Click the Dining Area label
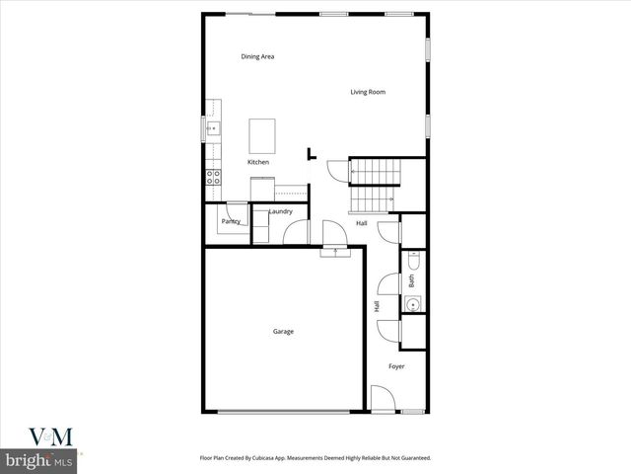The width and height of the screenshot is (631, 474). (257, 56)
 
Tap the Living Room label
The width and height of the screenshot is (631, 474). (368, 92)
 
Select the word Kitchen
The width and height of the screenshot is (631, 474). (258, 162)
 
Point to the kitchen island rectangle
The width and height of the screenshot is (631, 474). (262, 133)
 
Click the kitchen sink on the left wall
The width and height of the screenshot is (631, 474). (212, 128)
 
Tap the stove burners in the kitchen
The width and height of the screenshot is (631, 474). (212, 178)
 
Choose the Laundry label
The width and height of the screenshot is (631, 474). (281, 211)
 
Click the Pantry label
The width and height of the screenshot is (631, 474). (231, 221)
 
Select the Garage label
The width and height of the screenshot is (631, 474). (283, 331)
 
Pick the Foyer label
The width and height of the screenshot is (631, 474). (396, 366)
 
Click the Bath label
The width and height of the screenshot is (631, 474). (411, 280)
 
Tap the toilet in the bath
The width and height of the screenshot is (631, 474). (413, 262)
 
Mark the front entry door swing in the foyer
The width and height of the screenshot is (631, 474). (382, 399)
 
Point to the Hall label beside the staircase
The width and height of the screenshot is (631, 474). (362, 223)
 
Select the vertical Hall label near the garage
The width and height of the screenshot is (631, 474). (377, 307)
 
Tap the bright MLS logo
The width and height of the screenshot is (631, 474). (39, 461)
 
